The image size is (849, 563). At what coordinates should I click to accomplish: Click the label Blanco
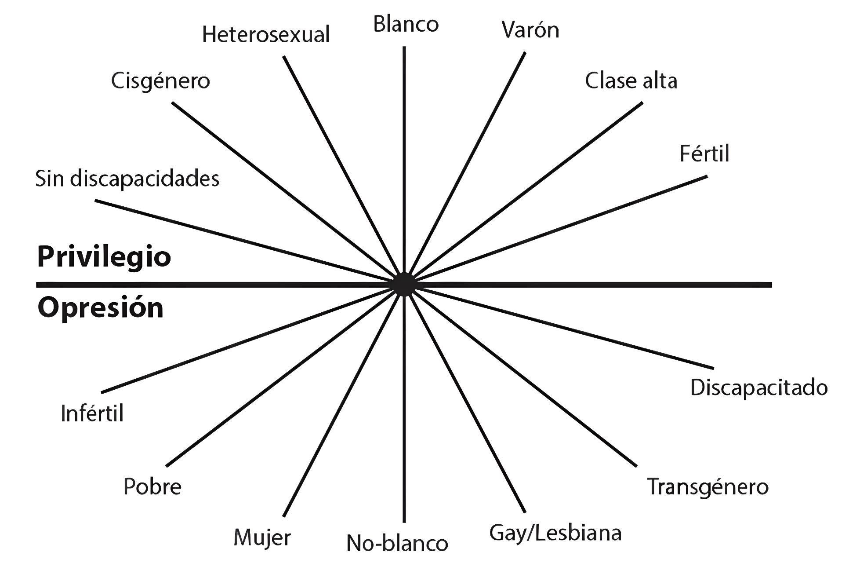[x=406, y=24]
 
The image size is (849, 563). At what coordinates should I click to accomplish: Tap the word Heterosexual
[x=266, y=35]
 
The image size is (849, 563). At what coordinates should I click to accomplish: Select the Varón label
[x=530, y=30]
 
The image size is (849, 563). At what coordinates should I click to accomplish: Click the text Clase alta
[x=631, y=81]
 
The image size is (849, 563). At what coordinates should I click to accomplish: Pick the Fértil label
[x=704, y=154]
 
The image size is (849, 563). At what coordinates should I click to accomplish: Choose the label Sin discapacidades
[x=127, y=179]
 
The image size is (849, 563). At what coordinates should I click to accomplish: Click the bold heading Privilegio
[x=104, y=257]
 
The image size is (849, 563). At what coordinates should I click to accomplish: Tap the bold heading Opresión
[x=101, y=308]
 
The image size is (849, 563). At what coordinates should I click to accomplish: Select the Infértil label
[x=92, y=413]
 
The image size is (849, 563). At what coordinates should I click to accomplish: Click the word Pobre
[x=152, y=487]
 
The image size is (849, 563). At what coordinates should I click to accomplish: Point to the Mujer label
[x=262, y=538]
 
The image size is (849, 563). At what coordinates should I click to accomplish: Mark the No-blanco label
[x=397, y=543]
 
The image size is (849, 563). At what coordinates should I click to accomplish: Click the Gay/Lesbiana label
[x=555, y=533]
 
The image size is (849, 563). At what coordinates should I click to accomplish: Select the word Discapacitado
[x=759, y=388]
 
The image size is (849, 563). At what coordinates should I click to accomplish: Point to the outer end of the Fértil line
[x=707, y=177]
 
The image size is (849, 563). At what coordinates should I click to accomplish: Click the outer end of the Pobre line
[x=167, y=465]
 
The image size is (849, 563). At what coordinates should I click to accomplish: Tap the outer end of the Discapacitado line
[x=713, y=368]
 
